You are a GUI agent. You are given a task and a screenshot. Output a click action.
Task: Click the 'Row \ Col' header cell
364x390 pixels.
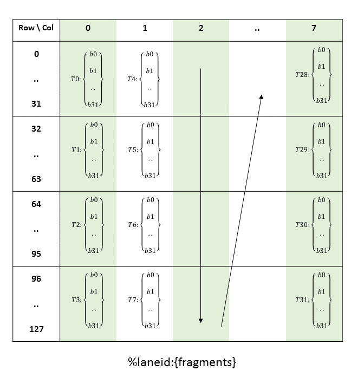pos(36,28)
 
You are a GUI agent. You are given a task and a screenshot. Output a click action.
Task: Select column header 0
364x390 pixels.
pos(88,28)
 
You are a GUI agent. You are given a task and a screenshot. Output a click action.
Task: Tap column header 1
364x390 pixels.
pos(145,28)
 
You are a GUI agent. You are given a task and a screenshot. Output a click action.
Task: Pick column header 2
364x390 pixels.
pos(201,28)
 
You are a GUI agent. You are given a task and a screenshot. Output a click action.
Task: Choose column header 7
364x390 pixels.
pos(314,28)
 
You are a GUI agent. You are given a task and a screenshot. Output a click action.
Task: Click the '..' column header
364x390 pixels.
pos(257,28)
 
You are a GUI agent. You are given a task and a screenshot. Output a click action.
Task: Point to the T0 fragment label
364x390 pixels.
pos(76,79)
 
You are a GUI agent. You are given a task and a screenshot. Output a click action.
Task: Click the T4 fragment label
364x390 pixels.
pos(132,79)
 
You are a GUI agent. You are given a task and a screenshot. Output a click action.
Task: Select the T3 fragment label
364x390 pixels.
pos(76,300)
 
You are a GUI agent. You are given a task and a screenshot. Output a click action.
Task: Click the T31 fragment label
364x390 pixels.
pos(303,300)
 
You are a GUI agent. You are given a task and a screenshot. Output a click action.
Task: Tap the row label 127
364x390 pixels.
pos(36,329)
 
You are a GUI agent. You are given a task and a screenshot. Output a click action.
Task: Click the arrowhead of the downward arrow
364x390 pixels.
pos(200,320)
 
